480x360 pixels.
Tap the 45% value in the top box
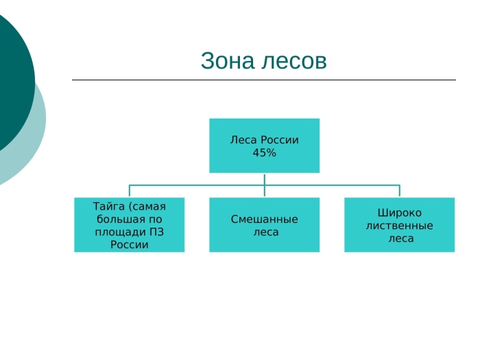tap(264, 153)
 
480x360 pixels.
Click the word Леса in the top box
tap(243, 140)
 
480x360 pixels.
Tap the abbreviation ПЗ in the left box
tap(156, 232)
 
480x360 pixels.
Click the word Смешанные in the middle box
tap(264, 219)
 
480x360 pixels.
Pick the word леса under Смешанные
tap(264, 232)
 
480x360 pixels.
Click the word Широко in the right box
tap(399, 213)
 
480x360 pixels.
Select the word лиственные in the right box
tap(399, 226)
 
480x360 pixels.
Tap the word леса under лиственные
tap(399, 239)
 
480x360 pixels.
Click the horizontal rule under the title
tap(264, 80)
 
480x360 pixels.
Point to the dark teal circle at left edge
tap(10, 75)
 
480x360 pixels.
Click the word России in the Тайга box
tap(129, 245)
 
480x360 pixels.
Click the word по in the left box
tap(156, 219)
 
